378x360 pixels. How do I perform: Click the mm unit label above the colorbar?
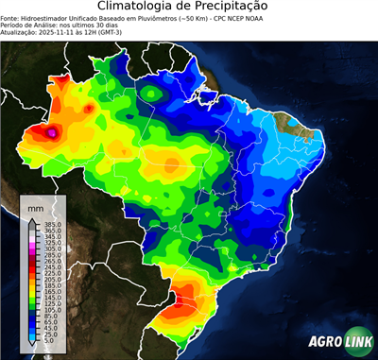35,207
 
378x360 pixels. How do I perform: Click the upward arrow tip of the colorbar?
32,218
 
